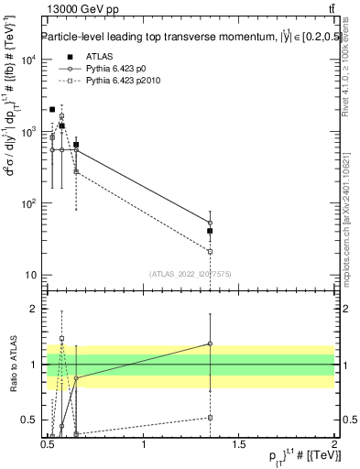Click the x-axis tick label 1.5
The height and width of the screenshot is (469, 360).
click(x=239, y=444)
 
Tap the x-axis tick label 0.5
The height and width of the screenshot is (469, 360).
click(x=49, y=444)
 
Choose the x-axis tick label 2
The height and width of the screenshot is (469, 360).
click(x=334, y=444)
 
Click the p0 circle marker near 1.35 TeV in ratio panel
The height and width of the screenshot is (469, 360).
click(x=211, y=344)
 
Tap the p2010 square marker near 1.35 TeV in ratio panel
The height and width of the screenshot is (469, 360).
click(x=211, y=418)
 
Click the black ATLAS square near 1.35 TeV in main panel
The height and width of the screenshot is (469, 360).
click(x=211, y=231)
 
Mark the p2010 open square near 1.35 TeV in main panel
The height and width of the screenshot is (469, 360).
click(x=211, y=251)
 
